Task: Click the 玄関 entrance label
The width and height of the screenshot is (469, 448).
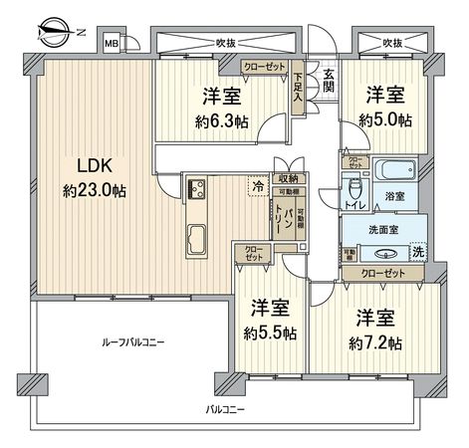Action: pos(329,81)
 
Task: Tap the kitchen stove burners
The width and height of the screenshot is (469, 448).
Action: pos(194,189)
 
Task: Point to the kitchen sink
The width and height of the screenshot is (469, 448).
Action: pos(195,240)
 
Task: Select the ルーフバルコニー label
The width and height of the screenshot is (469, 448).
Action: pos(132,341)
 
